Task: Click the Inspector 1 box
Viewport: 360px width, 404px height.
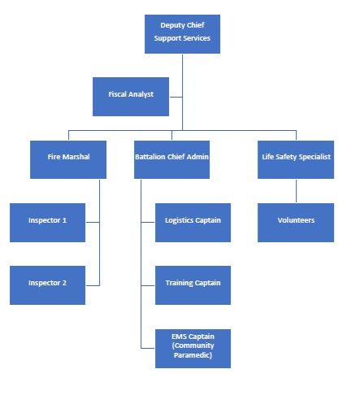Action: point(48,221)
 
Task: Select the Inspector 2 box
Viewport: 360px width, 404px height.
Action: point(48,284)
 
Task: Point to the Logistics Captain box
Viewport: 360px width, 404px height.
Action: point(193,221)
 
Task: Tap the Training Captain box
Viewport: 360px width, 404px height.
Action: point(193,284)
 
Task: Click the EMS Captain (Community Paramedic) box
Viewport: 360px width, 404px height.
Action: point(193,348)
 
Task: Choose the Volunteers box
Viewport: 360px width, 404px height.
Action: point(296,221)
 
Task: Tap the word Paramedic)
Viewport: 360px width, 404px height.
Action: point(193,356)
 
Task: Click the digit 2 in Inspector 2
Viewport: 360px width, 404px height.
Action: point(64,283)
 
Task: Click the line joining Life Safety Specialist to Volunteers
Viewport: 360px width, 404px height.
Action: point(296,190)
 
